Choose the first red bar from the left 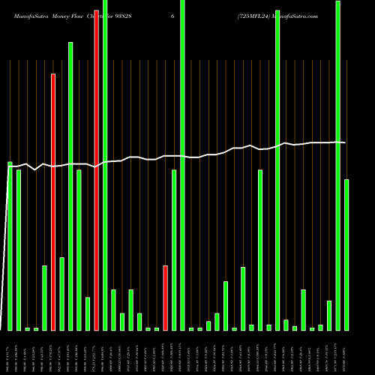tap(53, 202)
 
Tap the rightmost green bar tap(346, 255)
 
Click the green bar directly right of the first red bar tap(61, 293)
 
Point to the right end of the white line tap(345, 142)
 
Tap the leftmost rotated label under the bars tap(10, 352)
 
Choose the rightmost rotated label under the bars tap(346, 352)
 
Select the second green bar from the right tap(337, 165)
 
